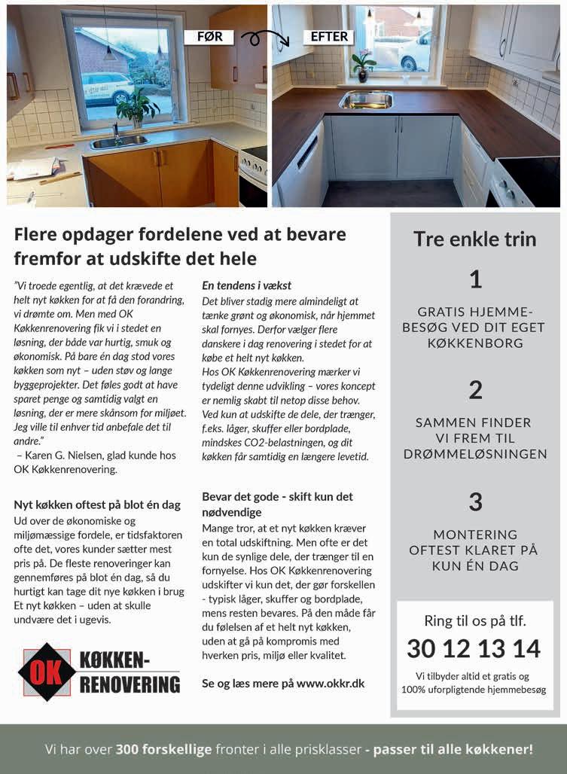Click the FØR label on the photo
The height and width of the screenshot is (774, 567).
[209, 36]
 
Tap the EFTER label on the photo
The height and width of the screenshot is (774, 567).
[329, 36]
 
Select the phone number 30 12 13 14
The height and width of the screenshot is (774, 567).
[474, 648]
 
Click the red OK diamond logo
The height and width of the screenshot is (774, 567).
[47, 672]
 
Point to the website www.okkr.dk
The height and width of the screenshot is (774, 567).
[331, 684]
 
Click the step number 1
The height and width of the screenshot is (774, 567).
[475, 280]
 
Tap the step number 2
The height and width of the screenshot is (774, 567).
[475, 390]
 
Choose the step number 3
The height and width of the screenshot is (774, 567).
[475, 501]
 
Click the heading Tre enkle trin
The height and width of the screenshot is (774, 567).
[475, 239]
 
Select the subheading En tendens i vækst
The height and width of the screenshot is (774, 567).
[247, 286]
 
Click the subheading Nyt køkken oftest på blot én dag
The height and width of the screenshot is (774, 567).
[98, 504]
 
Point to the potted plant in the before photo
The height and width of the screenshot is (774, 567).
[138, 108]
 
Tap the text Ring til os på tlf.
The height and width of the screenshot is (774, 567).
[474, 622]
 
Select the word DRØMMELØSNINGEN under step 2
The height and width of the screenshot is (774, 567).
[474, 454]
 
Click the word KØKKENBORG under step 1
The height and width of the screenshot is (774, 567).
[474, 343]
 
